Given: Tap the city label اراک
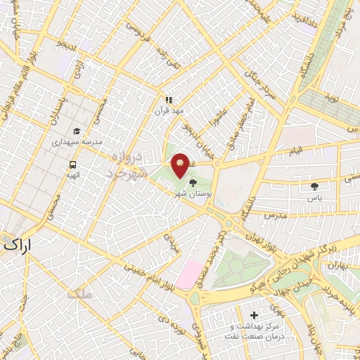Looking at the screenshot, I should (x=18, y=245).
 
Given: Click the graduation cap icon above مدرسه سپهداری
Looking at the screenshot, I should (x=76, y=131).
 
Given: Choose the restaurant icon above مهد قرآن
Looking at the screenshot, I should (x=168, y=101).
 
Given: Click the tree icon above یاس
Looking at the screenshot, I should (x=314, y=186).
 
